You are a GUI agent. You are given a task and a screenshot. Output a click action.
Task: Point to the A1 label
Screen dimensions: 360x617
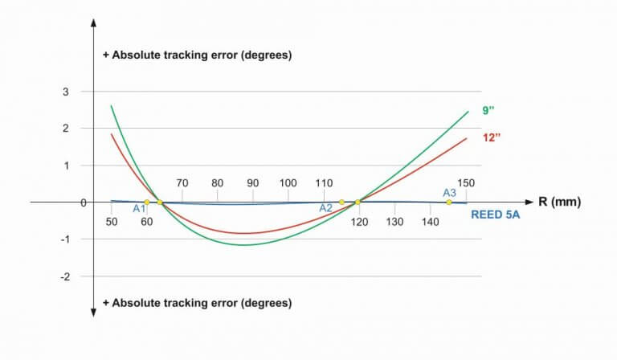tap(139, 209)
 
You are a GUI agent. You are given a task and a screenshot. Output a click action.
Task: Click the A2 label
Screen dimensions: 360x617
tap(325, 207)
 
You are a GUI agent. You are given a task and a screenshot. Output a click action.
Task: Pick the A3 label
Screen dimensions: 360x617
tap(450, 193)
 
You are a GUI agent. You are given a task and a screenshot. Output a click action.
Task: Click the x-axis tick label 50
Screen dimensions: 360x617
tap(111, 221)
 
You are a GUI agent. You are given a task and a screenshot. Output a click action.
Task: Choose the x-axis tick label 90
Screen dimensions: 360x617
tap(253, 183)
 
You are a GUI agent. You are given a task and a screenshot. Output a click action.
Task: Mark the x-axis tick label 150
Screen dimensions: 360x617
tap(466, 183)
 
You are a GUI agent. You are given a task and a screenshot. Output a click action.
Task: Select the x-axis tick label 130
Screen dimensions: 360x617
tap(394, 221)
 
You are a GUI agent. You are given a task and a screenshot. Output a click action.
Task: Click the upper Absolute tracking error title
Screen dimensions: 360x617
tap(197, 55)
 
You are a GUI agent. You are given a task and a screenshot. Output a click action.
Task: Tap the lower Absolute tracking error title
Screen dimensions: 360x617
tap(197, 303)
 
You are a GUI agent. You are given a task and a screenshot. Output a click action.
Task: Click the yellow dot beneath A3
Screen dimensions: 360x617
tap(448, 202)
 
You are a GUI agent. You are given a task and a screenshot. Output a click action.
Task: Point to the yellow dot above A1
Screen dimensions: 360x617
tap(146, 202)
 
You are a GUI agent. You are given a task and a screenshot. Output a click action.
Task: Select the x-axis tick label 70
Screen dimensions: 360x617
tap(182, 183)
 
